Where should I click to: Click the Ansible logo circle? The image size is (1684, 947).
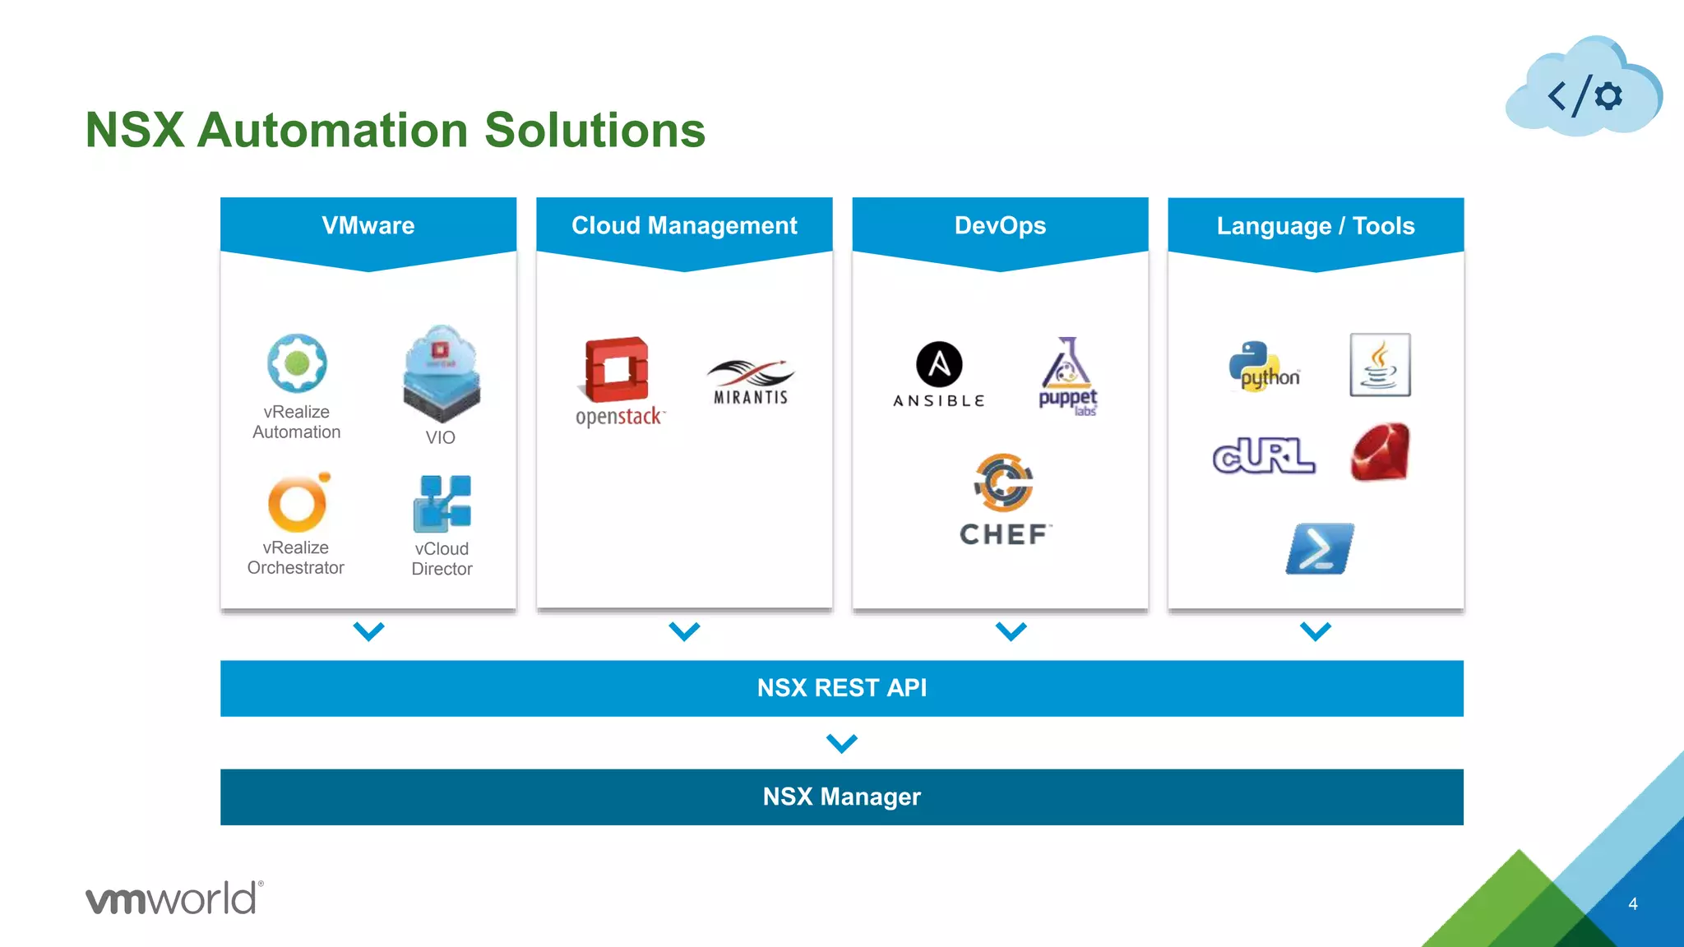[x=939, y=364]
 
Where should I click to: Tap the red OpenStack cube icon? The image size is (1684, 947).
[x=617, y=370]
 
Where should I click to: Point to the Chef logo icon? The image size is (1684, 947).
[x=1003, y=483]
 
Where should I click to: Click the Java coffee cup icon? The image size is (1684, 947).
[x=1380, y=365]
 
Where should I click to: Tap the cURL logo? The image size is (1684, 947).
[x=1264, y=456]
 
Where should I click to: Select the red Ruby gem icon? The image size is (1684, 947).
[x=1380, y=452]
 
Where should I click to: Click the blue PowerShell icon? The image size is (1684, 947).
[x=1319, y=548]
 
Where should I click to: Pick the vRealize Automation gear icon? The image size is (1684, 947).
[x=297, y=363]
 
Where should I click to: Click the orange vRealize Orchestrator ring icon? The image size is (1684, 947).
[x=298, y=503]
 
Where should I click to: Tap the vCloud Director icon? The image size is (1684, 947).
[x=442, y=503]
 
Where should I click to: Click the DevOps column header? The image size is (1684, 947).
[x=1000, y=226]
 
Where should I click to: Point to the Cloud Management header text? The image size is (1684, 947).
[x=684, y=226]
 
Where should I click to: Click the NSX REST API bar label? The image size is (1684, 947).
[x=842, y=688]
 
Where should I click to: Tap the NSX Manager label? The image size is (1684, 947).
[x=842, y=797]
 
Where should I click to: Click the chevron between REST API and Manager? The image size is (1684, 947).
[x=842, y=743]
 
